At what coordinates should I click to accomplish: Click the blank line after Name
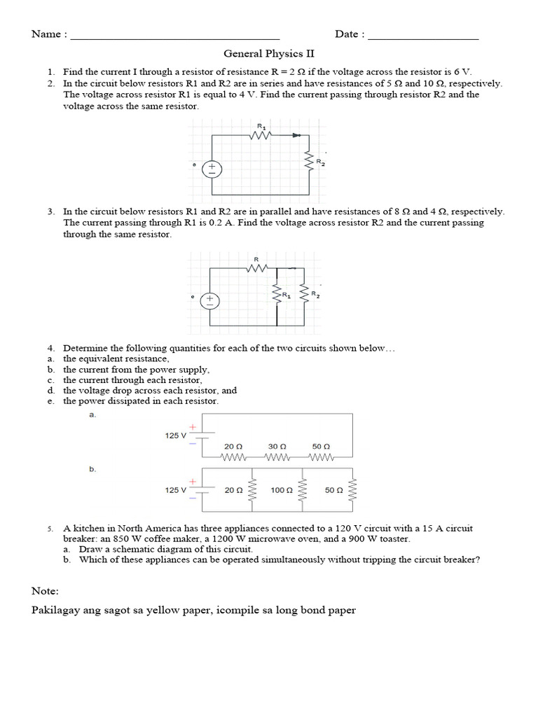point(175,38)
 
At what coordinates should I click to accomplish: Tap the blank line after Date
point(423,38)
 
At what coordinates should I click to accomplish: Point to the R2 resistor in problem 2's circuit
point(308,163)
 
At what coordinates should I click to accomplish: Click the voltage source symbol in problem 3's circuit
point(211,301)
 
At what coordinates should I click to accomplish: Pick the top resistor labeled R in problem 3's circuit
point(257,267)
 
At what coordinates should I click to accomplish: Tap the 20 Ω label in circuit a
point(233,446)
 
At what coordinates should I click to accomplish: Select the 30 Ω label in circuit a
point(277,446)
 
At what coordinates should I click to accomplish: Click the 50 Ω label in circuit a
point(322,446)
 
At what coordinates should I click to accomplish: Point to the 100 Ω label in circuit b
point(282,491)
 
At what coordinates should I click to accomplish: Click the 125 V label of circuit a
point(176,436)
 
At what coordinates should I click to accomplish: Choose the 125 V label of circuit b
point(176,491)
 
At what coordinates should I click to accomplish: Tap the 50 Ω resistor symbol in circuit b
point(352,490)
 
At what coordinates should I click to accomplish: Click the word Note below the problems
point(46,591)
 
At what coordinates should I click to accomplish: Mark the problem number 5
point(50,529)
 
